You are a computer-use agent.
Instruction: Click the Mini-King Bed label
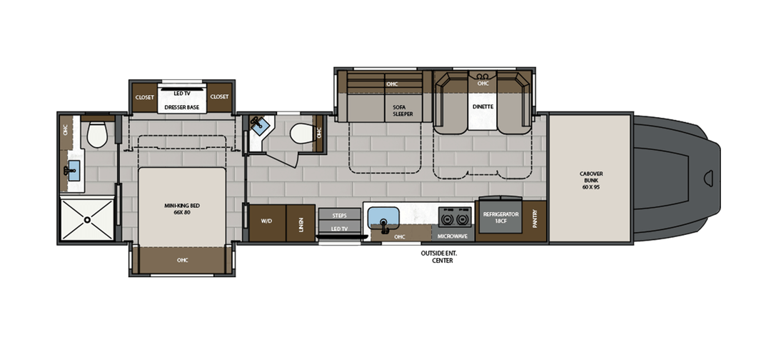[x=182, y=209]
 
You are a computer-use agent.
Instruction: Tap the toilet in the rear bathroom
[x=97, y=134]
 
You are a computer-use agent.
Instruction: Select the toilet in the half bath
[x=301, y=134]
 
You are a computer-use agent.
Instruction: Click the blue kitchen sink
[x=383, y=217]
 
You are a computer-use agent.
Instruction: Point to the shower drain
[x=87, y=220]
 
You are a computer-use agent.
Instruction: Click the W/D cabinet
[x=267, y=223]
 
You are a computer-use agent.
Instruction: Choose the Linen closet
[x=301, y=223]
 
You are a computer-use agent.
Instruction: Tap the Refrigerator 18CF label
[x=500, y=218]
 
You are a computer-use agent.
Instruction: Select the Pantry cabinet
[x=535, y=220]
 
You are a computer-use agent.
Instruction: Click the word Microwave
[x=453, y=236]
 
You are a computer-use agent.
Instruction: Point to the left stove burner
[x=447, y=217]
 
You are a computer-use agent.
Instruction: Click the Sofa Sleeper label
[x=403, y=111]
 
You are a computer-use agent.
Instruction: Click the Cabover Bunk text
[x=590, y=181]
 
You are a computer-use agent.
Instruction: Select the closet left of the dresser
[x=144, y=97]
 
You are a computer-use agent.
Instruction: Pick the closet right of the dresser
[x=219, y=97]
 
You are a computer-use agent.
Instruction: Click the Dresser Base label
[x=182, y=106]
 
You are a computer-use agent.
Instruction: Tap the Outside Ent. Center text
[x=442, y=256]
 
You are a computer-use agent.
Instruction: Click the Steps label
[x=339, y=216]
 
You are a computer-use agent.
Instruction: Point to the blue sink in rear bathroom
[x=74, y=171]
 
